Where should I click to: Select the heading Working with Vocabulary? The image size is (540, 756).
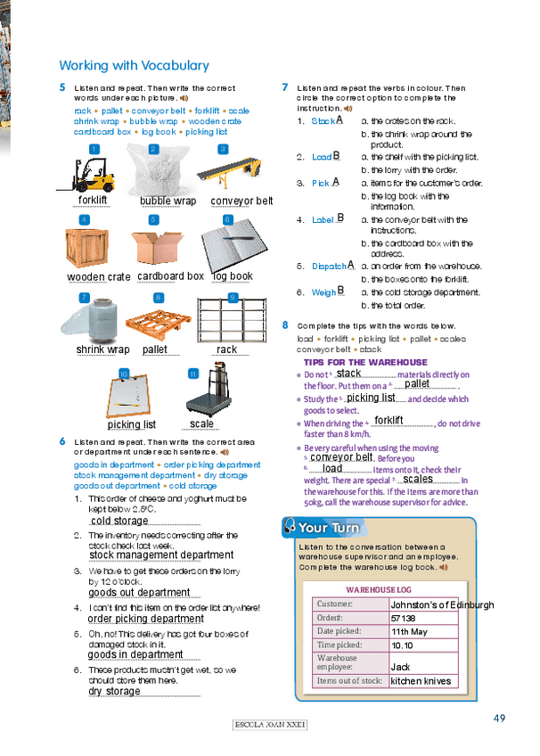click(134, 65)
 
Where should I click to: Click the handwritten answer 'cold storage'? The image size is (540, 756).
click(119, 521)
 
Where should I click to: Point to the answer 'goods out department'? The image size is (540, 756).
click(139, 592)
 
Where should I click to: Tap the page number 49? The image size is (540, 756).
click(499, 719)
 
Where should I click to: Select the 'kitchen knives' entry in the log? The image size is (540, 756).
click(421, 681)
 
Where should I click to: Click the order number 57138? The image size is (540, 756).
click(404, 617)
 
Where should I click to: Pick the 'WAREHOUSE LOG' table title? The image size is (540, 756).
click(379, 589)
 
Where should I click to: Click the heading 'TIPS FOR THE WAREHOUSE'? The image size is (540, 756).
click(365, 363)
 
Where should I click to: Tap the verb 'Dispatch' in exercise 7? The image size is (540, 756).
click(329, 266)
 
